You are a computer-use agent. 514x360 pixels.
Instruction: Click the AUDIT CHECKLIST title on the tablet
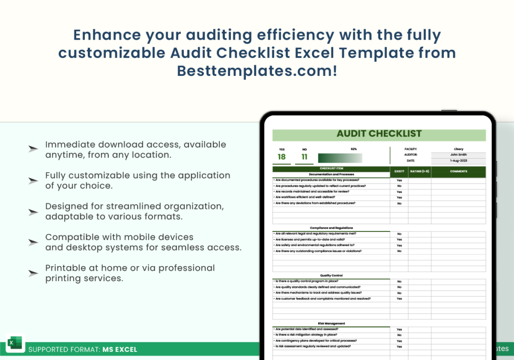point(379,134)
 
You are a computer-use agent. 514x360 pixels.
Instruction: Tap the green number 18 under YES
point(282,157)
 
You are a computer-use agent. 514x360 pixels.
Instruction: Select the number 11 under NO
point(304,157)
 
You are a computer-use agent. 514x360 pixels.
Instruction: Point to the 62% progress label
point(354,149)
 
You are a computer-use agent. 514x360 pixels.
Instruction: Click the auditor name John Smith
point(458,155)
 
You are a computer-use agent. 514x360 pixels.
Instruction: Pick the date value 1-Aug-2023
point(458,161)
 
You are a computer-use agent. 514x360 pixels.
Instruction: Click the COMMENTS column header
point(458,172)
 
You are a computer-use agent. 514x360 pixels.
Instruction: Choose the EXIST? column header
point(399,172)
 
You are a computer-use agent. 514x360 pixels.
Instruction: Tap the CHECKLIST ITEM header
point(331,169)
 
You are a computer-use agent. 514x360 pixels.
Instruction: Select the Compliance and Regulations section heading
point(331,228)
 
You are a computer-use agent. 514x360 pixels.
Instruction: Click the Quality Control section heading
point(331,276)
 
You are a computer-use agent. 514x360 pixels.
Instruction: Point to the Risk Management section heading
point(331,323)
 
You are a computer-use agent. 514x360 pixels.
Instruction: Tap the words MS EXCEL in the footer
point(119,349)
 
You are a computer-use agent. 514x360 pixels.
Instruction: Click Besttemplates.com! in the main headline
point(256,71)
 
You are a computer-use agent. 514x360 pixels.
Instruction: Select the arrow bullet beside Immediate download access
point(33,149)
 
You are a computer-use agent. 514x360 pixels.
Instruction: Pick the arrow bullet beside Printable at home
point(33,273)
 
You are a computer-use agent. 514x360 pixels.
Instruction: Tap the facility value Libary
point(458,149)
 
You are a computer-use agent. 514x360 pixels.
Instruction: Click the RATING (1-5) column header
point(420,172)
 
